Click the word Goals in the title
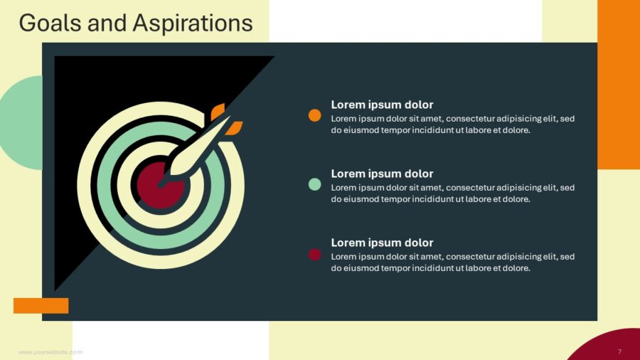(x=50, y=23)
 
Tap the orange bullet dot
(x=315, y=115)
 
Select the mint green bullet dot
(x=315, y=184)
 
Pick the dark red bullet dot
(x=315, y=255)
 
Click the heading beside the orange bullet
(x=382, y=105)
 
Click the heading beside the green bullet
(x=382, y=174)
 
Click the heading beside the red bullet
(x=382, y=243)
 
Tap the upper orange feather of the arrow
(x=218, y=110)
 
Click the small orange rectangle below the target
(x=41, y=306)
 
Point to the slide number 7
(x=619, y=351)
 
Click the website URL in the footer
(x=50, y=352)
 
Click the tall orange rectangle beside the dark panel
(x=619, y=85)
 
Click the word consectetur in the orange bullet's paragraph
(x=470, y=119)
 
